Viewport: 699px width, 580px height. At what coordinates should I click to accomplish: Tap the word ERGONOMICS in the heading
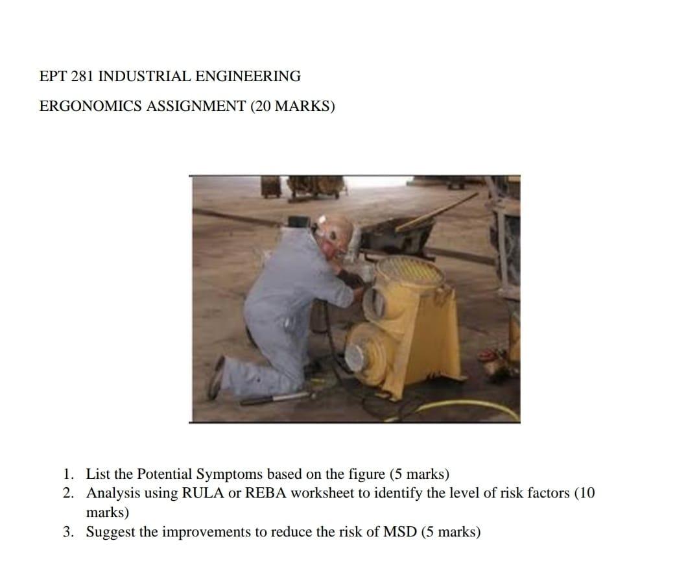[91, 106]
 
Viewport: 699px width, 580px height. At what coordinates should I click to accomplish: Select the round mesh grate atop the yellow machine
[410, 272]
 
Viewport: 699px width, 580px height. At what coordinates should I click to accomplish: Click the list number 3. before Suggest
[69, 533]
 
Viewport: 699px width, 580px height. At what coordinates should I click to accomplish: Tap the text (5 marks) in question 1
[419, 474]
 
